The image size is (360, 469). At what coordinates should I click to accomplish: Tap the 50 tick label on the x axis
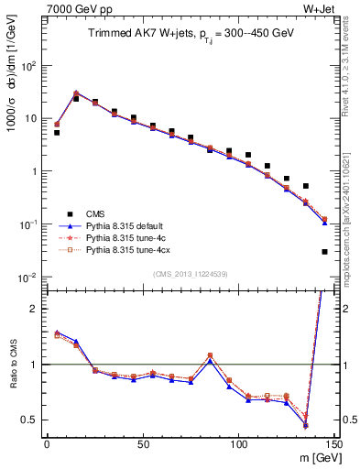pyautogui.click(x=143, y=443)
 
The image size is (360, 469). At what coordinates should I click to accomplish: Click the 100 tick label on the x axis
pyautogui.click(x=239, y=443)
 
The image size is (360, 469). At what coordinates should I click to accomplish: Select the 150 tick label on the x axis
pyautogui.click(x=334, y=443)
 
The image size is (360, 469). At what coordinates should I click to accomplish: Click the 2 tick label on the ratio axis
pyautogui.click(x=35, y=309)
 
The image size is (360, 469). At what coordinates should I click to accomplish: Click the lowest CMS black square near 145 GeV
pyautogui.click(x=325, y=251)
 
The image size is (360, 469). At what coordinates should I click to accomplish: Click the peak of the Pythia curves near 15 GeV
pyautogui.click(x=76, y=93)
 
